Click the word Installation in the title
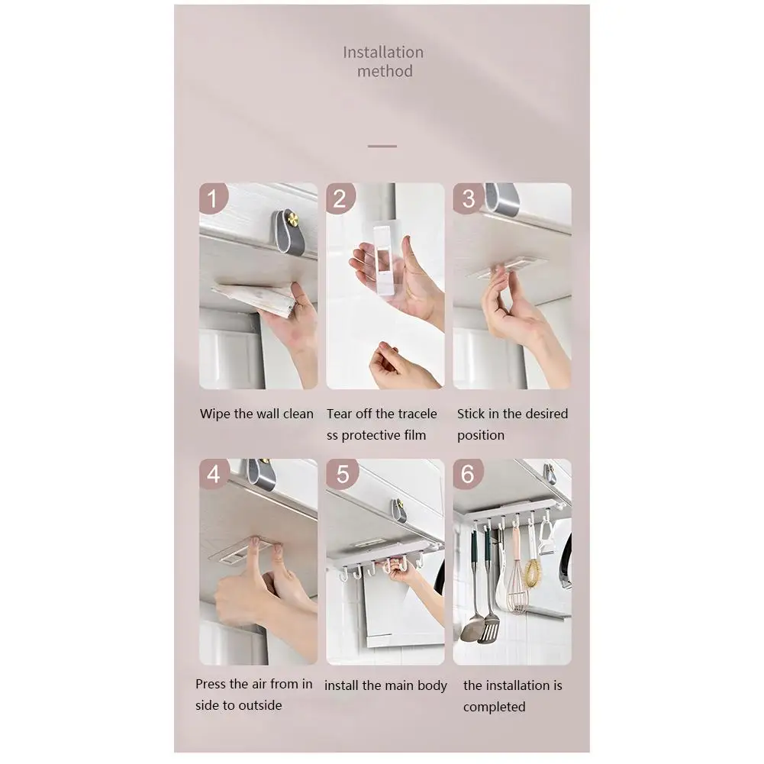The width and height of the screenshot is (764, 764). pos(383,52)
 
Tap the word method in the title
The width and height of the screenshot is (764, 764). pos(385,71)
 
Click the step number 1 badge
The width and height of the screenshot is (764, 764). pos(212,198)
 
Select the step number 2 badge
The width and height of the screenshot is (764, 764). pos(340,198)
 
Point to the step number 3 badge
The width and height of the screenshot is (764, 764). pos(468,198)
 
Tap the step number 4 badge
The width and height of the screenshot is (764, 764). pos(214,473)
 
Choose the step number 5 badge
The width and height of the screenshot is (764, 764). pos(342,473)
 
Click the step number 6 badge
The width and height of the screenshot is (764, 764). pos(468,473)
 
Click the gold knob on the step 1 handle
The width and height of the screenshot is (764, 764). pos(294,218)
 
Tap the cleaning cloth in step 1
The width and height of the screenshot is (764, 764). pos(254,298)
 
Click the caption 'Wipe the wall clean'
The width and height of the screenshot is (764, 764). pos(256,414)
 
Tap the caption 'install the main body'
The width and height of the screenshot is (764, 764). pos(385,685)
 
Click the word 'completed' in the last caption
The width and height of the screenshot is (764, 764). pos(494,707)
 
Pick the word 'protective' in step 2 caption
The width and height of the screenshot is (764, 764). pos(370,435)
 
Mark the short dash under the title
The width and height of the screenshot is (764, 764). pos(382,146)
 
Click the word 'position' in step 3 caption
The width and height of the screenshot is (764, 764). pos(480,435)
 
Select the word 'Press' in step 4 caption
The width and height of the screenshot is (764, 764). pos(211,684)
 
